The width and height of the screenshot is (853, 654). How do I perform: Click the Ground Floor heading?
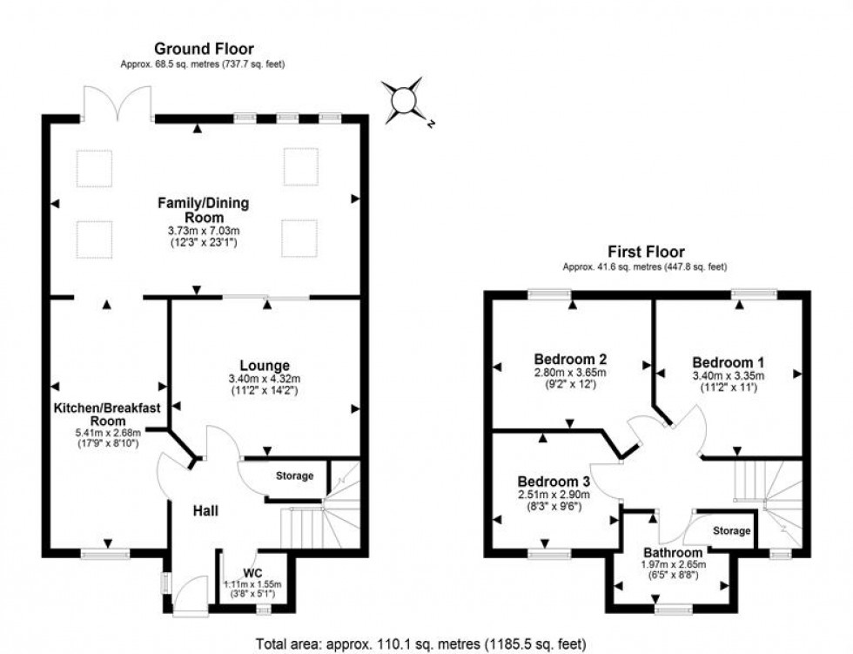point(204,49)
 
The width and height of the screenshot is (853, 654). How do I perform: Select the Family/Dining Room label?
point(203,210)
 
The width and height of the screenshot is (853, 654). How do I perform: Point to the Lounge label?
point(265,365)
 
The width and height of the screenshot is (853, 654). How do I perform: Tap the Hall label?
point(205,510)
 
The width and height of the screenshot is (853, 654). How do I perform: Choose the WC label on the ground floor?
point(252,572)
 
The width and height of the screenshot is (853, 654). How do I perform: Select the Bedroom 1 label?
point(722,361)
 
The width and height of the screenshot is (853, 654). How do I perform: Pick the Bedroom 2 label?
point(570,358)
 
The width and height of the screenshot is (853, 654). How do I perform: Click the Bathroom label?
point(672,552)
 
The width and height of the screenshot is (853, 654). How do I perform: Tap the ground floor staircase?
point(309,523)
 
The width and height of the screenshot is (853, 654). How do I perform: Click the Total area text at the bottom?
point(426,644)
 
